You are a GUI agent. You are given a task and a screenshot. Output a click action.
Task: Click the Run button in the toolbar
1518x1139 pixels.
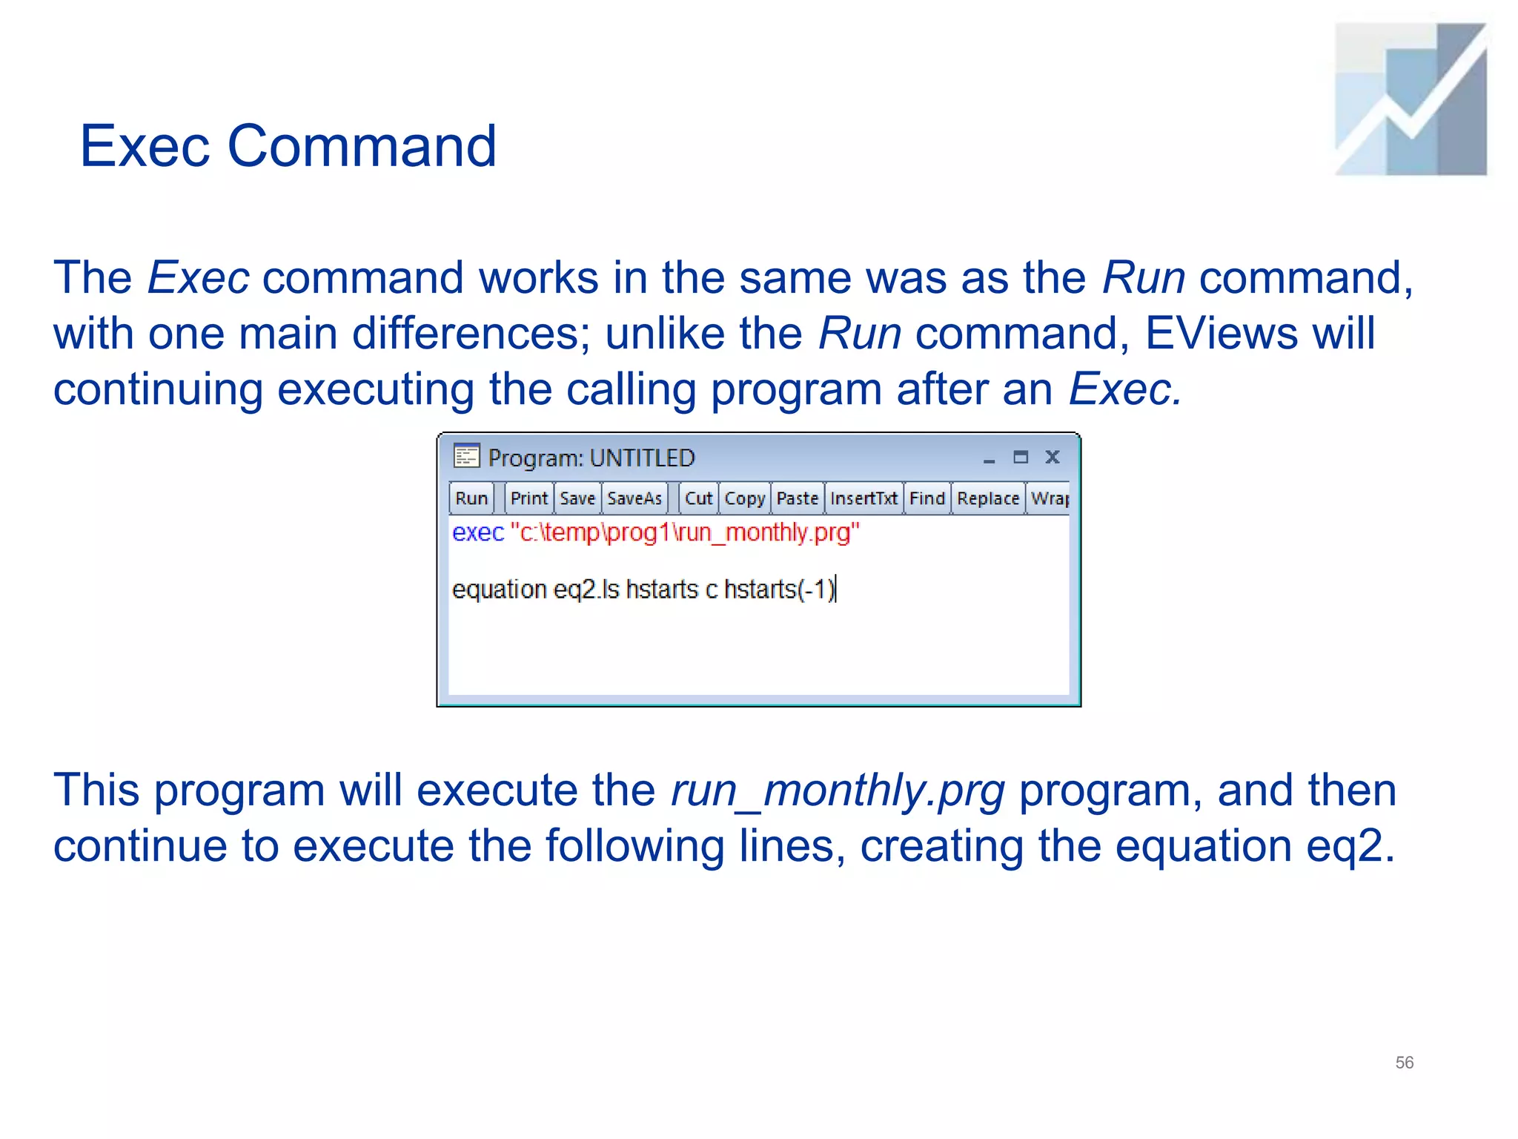click(471, 498)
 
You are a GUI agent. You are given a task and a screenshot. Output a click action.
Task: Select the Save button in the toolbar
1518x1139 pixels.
click(577, 498)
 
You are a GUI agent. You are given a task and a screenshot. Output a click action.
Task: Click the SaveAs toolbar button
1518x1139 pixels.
click(634, 498)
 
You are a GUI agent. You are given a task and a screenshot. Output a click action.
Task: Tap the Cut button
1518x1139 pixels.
click(698, 498)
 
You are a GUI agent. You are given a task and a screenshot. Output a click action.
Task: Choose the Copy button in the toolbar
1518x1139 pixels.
click(744, 498)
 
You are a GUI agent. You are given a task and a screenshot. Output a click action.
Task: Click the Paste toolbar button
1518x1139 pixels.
click(798, 498)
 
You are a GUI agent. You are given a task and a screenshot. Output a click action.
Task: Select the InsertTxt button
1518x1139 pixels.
click(864, 498)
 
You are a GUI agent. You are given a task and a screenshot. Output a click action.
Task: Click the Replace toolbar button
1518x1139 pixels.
click(988, 498)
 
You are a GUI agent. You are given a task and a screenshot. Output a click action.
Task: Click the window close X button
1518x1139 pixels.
click(1053, 457)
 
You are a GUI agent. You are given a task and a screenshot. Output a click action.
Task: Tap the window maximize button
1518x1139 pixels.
click(1021, 457)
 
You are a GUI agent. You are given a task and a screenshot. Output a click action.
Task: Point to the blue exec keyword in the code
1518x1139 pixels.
click(478, 532)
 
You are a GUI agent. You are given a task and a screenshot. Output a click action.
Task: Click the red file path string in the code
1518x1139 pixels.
click(685, 532)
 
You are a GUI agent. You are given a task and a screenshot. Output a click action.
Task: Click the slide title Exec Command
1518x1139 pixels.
click(288, 146)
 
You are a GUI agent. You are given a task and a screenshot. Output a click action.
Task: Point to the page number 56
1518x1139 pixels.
click(1404, 1063)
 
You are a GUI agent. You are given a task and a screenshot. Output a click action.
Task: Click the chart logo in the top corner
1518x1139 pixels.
click(1411, 99)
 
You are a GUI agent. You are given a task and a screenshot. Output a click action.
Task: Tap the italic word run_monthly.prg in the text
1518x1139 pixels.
click(838, 790)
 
